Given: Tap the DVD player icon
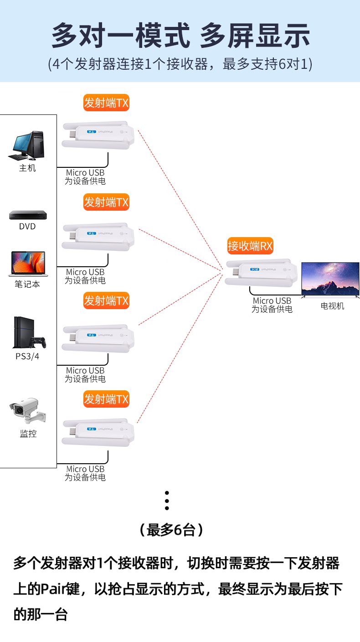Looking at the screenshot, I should click(28, 215).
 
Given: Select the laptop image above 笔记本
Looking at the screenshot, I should click(27, 264).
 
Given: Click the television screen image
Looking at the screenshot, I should click(330, 279).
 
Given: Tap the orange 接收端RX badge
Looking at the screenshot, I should click(250, 247).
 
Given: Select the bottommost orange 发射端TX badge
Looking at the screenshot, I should click(106, 399).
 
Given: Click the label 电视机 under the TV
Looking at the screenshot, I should click(332, 306).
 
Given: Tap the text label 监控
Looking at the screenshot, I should click(28, 434).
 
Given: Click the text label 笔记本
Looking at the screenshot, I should click(27, 284).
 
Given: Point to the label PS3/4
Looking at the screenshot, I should click(27, 356).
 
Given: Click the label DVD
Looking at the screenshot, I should click(27, 227).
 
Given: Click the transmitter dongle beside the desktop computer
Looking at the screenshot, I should click(98, 134).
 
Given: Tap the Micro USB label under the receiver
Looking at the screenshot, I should click(272, 301).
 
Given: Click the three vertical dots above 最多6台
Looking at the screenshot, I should click(167, 501).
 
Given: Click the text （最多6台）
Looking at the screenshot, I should click(171, 530).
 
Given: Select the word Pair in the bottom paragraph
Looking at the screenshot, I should click(55, 590).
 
